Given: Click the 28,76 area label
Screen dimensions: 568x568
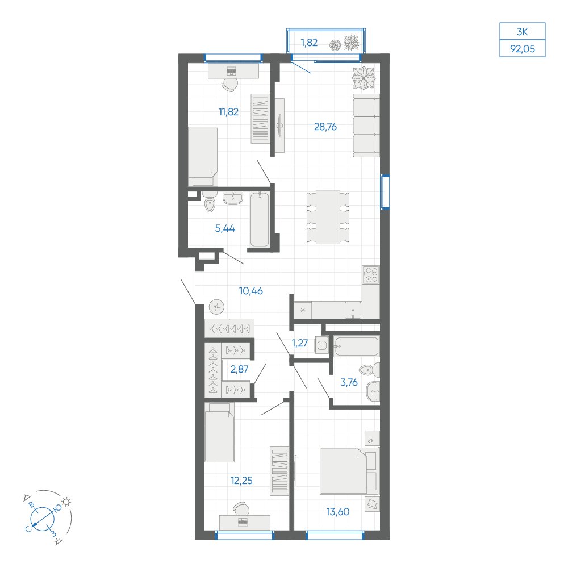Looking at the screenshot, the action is pos(325,127).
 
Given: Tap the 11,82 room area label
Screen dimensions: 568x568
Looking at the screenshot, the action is pos(228,112).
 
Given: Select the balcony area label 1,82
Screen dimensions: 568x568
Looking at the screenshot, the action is pos(309,43).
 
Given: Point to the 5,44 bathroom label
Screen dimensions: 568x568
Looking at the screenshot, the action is pos(225,228).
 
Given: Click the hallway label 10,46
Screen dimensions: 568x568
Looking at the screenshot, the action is pos(251,290).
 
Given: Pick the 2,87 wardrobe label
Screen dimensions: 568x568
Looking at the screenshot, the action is pos(240,369).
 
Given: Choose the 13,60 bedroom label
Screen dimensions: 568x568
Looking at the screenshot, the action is pos(338,512).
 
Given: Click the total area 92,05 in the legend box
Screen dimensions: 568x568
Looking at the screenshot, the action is pos(523,49).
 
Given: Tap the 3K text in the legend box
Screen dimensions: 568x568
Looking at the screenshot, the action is pos(523,32).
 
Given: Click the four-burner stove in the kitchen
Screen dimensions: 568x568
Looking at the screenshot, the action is pos(370,274).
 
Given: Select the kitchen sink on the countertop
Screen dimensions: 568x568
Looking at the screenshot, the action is pos(353,310).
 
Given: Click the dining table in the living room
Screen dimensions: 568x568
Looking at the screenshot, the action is pos(328,217).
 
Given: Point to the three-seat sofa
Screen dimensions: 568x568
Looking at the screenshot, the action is pos(366,126).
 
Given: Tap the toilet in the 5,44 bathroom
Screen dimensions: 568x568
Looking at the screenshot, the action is pos(210,203).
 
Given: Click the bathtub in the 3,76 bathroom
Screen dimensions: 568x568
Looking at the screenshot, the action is pos(357,346).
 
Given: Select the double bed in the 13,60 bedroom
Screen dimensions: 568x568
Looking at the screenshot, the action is pos(349,471).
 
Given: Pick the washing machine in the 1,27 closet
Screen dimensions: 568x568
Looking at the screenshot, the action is pos(321,345).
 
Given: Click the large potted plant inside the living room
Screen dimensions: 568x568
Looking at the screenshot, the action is pos(364,78).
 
